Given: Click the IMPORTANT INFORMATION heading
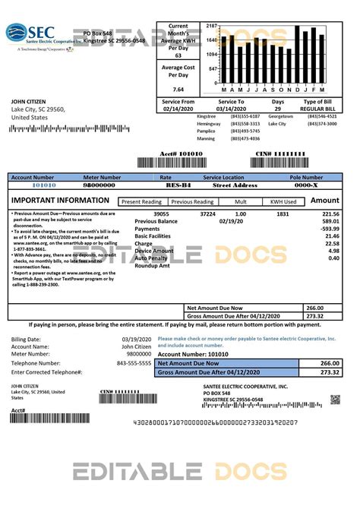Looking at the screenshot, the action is (60, 201).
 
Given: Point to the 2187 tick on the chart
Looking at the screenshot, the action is (211, 26).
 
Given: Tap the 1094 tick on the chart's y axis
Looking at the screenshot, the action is (211, 55).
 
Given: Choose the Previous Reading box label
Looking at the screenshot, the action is (191, 202).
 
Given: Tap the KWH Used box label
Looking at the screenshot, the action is (282, 202).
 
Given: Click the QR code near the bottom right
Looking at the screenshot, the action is (335, 400).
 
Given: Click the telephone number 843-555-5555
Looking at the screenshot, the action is (134, 363).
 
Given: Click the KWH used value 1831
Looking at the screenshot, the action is (282, 215).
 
